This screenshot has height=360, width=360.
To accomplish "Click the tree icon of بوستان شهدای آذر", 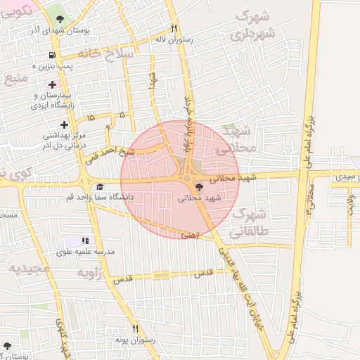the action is coord(57,19).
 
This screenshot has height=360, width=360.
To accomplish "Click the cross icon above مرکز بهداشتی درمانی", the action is coord(64,124).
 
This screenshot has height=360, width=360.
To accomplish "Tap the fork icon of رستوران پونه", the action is coord(135,328).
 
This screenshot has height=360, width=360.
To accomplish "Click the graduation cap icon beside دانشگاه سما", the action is coord(100,186).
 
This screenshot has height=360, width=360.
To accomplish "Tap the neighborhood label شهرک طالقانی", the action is coord(249,222).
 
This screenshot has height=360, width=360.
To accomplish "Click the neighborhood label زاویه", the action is coord(91,271).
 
